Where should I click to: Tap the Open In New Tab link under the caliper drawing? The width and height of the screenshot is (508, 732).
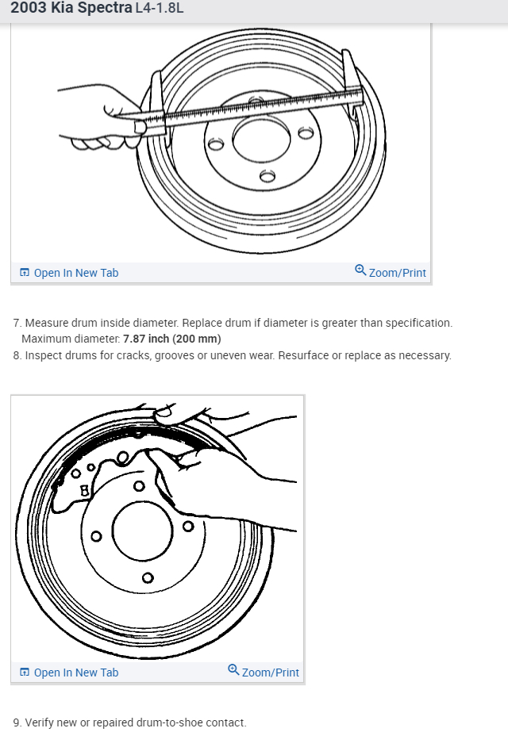[x=75, y=273]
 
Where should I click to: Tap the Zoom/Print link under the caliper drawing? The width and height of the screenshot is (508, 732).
[x=397, y=273]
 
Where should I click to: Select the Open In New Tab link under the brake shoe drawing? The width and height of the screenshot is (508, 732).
[x=75, y=673]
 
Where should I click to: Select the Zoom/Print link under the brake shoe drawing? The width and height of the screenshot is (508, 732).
[x=270, y=673]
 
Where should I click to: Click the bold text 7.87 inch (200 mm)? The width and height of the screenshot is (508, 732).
[x=172, y=339]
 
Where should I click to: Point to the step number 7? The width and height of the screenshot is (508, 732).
[x=17, y=323]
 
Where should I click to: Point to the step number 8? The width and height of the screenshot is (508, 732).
[x=17, y=355]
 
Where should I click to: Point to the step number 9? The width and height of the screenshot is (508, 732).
[x=17, y=722]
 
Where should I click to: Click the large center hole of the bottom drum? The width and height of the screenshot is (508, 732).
[x=142, y=530]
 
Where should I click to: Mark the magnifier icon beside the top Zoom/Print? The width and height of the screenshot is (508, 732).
[x=360, y=271]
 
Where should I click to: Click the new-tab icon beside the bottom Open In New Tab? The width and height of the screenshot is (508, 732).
[x=25, y=673]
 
